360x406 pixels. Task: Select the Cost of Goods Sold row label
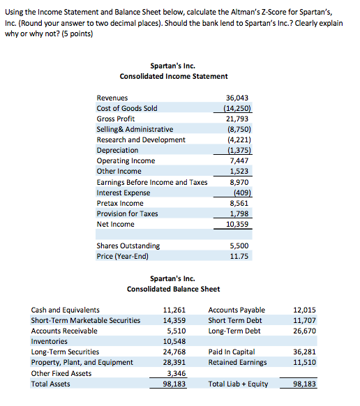(126, 108)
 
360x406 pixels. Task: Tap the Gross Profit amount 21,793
(239, 119)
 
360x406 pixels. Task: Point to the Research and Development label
(140, 140)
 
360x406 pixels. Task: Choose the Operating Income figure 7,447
(239, 160)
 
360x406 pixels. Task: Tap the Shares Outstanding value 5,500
(239, 246)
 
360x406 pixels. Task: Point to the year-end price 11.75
(239, 256)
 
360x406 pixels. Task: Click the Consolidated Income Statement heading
(173, 76)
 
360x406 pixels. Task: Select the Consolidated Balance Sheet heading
(173, 289)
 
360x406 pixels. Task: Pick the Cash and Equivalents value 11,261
(174, 310)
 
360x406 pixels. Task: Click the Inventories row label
(50, 341)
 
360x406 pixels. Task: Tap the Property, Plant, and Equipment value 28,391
(174, 362)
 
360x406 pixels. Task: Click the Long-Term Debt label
(234, 331)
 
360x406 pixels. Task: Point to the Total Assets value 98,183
(174, 384)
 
